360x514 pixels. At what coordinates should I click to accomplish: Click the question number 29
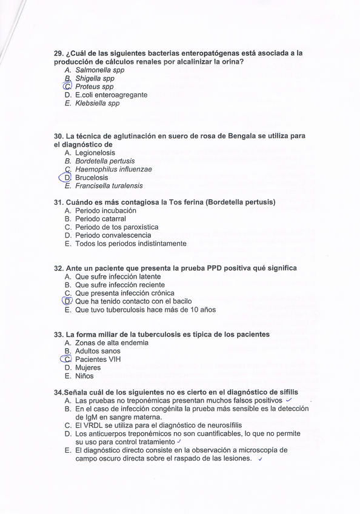click(x=59, y=53)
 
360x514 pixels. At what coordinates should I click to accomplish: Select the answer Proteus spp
click(x=94, y=87)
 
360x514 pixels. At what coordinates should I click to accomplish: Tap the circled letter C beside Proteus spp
click(x=67, y=87)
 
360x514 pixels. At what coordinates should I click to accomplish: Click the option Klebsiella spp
click(x=97, y=104)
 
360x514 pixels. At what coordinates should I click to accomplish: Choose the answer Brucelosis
click(x=92, y=178)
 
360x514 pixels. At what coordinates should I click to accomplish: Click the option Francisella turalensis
click(x=109, y=186)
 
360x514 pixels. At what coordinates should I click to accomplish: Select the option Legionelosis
click(x=95, y=153)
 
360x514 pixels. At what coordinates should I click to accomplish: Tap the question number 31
click(x=59, y=202)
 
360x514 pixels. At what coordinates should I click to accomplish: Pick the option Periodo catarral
click(x=100, y=219)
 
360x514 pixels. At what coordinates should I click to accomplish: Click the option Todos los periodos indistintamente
click(x=130, y=244)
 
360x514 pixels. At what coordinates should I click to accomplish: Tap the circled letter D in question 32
click(x=67, y=301)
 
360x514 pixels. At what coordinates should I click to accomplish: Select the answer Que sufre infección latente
click(x=118, y=276)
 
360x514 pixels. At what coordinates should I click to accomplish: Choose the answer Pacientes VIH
click(x=98, y=359)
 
